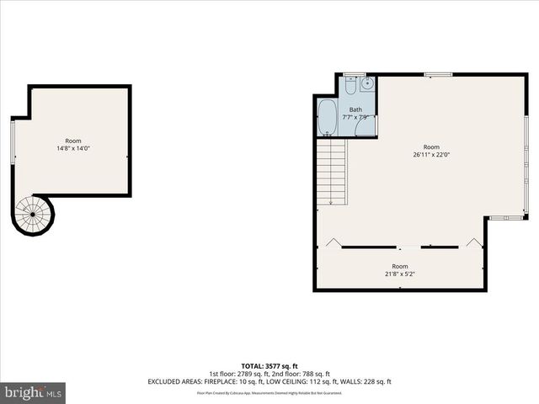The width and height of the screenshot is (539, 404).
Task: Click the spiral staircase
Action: click(x=33, y=215)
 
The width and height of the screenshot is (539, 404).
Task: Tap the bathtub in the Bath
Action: click(x=328, y=118)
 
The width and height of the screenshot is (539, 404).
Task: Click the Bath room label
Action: click(x=355, y=109)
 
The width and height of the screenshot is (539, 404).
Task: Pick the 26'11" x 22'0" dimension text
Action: click(x=431, y=155)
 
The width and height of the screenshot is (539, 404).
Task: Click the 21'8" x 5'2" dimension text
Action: click(x=399, y=274)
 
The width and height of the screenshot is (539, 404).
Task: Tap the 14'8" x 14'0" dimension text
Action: click(x=73, y=148)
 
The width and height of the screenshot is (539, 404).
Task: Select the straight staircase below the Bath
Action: click(x=333, y=171)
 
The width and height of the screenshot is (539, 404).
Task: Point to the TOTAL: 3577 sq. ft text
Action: click(x=269, y=366)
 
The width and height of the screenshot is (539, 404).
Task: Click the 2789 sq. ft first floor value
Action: click(x=252, y=374)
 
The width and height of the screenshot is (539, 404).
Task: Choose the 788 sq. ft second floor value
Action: click(x=315, y=374)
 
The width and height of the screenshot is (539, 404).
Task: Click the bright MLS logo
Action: click(x=34, y=392)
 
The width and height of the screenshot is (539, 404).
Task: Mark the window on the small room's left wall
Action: click(x=13, y=142)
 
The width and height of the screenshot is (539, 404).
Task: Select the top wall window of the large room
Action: click(x=438, y=75)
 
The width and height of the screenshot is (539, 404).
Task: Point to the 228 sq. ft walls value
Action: click(x=376, y=381)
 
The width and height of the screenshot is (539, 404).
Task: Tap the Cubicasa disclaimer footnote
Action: click(x=269, y=392)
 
